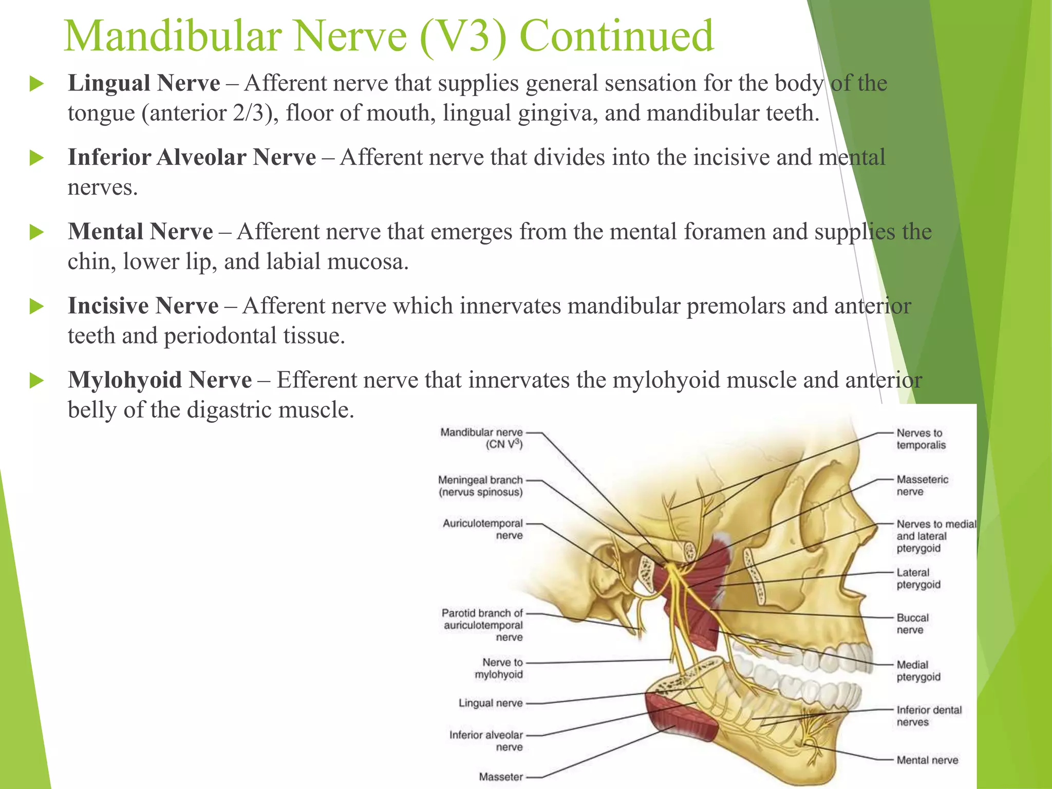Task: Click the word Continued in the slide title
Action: (616, 36)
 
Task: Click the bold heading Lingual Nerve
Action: (144, 83)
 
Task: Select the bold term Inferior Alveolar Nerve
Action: (192, 157)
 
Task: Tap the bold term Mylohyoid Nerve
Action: (160, 380)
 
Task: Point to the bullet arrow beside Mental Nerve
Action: (36, 233)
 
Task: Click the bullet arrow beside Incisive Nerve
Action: (36, 307)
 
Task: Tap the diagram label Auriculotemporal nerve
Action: (483, 529)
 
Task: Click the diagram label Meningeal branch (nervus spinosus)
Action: (480, 486)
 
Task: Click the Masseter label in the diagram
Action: (500, 777)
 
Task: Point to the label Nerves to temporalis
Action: (920, 439)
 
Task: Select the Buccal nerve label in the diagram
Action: (912, 624)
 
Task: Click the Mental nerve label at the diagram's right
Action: (927, 760)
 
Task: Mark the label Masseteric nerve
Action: (922, 485)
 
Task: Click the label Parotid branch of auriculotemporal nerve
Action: (482, 625)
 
